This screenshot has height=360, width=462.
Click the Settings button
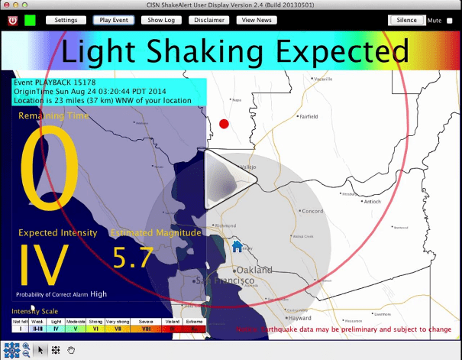[66, 20]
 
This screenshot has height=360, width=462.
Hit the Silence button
[406, 20]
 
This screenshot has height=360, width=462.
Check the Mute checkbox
[449, 21]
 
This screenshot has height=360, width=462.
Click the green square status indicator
[31, 20]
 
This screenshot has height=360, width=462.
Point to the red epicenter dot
[224, 124]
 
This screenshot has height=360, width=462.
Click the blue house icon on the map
[237, 246]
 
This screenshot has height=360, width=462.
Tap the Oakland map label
[254, 271]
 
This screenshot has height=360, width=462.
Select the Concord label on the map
[313, 211]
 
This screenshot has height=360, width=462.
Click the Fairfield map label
[309, 117]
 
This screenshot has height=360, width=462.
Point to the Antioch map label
[372, 203]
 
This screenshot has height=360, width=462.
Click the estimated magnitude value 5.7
[133, 258]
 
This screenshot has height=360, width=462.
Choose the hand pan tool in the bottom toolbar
[72, 350]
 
